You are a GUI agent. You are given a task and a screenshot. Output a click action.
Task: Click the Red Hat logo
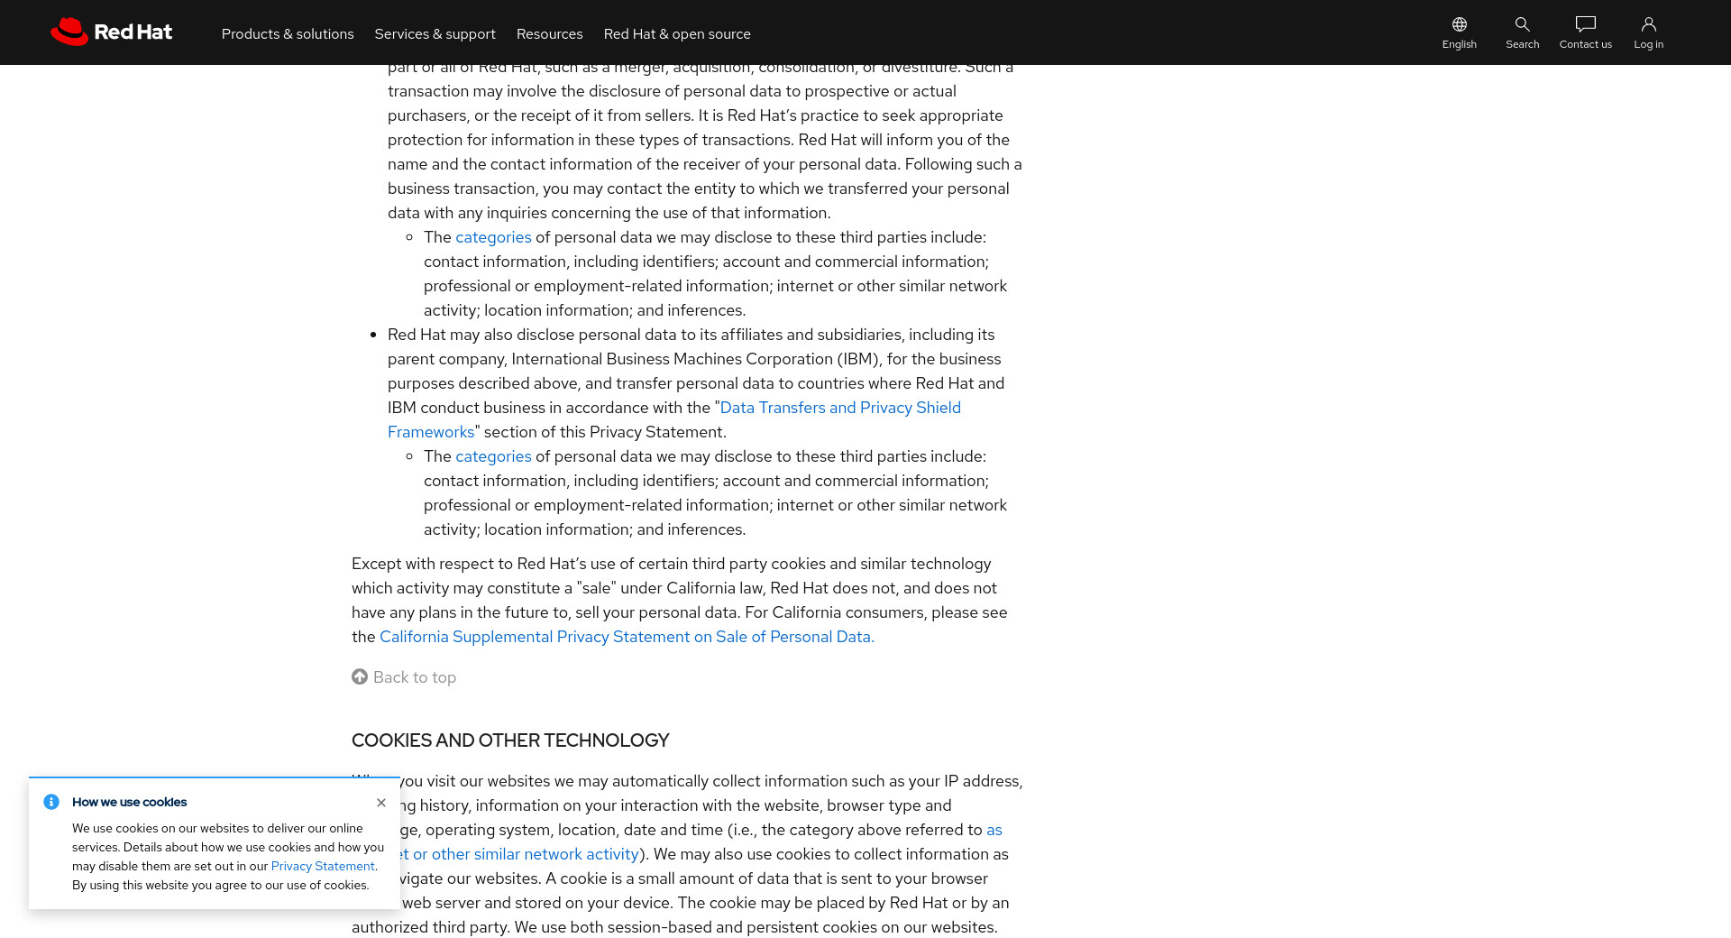click(111, 32)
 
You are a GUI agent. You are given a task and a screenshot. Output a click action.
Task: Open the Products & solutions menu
click(288, 34)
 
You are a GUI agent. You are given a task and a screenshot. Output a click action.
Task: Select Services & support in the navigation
click(435, 34)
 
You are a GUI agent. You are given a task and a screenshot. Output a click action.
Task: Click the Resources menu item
click(549, 34)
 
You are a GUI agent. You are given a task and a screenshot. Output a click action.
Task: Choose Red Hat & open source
click(676, 34)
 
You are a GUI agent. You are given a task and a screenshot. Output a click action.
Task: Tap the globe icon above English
click(1459, 24)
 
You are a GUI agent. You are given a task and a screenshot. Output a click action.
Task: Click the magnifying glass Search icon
click(1522, 24)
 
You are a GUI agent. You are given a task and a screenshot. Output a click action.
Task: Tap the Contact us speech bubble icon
click(1585, 24)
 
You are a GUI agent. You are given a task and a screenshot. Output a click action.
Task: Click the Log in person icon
click(1648, 24)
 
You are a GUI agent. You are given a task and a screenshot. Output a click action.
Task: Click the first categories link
click(493, 237)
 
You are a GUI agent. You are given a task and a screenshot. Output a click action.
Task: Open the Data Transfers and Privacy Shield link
click(839, 408)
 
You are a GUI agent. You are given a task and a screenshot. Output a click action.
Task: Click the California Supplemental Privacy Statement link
click(627, 637)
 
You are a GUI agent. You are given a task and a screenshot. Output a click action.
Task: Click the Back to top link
click(414, 677)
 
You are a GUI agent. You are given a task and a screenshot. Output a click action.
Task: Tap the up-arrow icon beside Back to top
click(360, 676)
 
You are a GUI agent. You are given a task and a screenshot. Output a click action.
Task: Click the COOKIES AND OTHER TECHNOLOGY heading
click(510, 740)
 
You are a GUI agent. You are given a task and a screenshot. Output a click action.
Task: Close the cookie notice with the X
click(381, 803)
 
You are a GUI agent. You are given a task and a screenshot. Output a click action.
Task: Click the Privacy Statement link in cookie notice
click(322, 867)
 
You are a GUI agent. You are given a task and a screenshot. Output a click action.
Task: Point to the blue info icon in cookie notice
click(51, 802)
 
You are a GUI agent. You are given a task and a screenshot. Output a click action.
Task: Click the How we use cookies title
click(129, 803)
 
